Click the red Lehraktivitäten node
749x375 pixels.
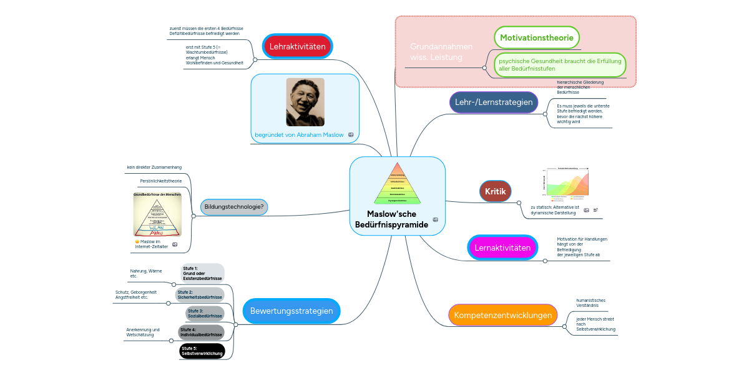click(298, 46)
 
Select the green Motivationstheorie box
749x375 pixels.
click(537, 37)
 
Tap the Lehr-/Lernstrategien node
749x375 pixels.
click(494, 102)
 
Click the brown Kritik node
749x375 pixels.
click(496, 191)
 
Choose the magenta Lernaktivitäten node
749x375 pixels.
click(502, 247)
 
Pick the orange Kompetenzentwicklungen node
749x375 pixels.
click(502, 315)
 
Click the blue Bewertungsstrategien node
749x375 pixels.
click(291, 311)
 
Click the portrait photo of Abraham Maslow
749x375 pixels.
click(305, 102)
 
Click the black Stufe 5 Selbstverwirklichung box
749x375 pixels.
click(202, 351)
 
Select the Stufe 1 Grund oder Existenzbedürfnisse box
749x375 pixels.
click(202, 273)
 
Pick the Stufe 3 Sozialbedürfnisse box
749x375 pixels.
click(205, 313)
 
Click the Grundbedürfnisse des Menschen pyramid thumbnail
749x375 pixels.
click(157, 214)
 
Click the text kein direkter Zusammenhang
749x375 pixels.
click(154, 167)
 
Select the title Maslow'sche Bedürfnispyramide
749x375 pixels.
click(391, 219)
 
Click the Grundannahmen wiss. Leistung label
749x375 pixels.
click(441, 52)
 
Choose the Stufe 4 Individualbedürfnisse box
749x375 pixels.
click(202, 332)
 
